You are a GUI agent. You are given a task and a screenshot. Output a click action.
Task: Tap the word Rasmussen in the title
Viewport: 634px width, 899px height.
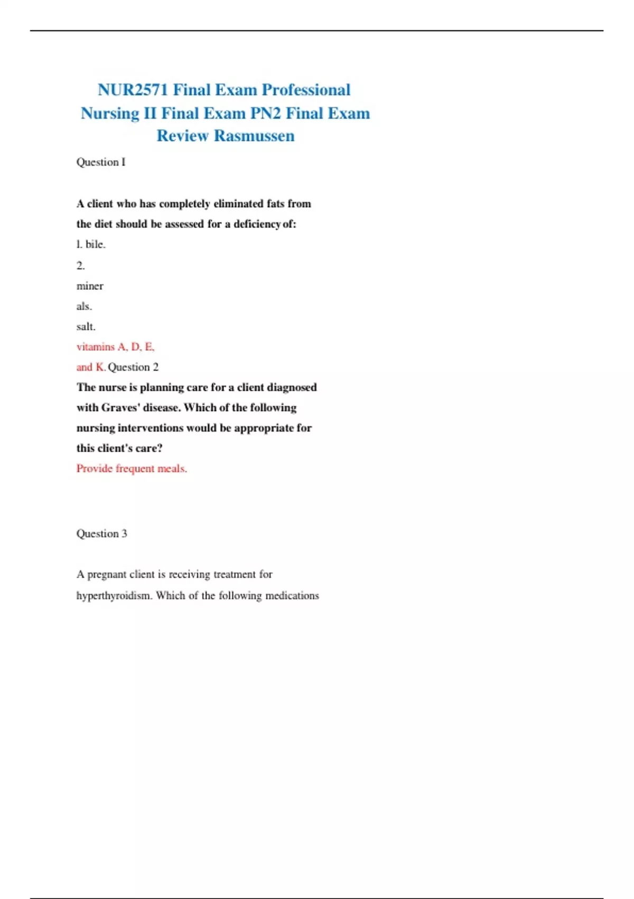(x=254, y=136)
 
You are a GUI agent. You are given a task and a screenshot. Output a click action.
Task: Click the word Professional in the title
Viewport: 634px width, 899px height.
(x=306, y=90)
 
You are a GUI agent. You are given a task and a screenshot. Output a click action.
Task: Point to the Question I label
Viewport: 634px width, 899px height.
(x=101, y=162)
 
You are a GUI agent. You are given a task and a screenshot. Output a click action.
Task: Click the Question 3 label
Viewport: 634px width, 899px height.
(x=101, y=534)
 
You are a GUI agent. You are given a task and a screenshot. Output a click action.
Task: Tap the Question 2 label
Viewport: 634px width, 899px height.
(x=133, y=367)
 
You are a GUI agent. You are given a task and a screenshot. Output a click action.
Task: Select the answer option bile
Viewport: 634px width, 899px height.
(x=95, y=244)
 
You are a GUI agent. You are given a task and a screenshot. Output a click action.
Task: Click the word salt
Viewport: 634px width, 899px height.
(x=86, y=327)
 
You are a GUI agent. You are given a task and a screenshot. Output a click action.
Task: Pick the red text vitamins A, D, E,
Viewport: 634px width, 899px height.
(x=115, y=347)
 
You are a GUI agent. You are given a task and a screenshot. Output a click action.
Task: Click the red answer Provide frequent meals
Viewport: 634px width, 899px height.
(x=132, y=469)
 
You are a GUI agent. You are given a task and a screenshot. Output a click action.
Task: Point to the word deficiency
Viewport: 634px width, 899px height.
(x=257, y=224)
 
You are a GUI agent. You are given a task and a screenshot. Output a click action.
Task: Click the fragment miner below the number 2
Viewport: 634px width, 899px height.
(x=90, y=286)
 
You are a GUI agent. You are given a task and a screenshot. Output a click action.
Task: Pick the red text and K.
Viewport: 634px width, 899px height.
(x=91, y=367)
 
